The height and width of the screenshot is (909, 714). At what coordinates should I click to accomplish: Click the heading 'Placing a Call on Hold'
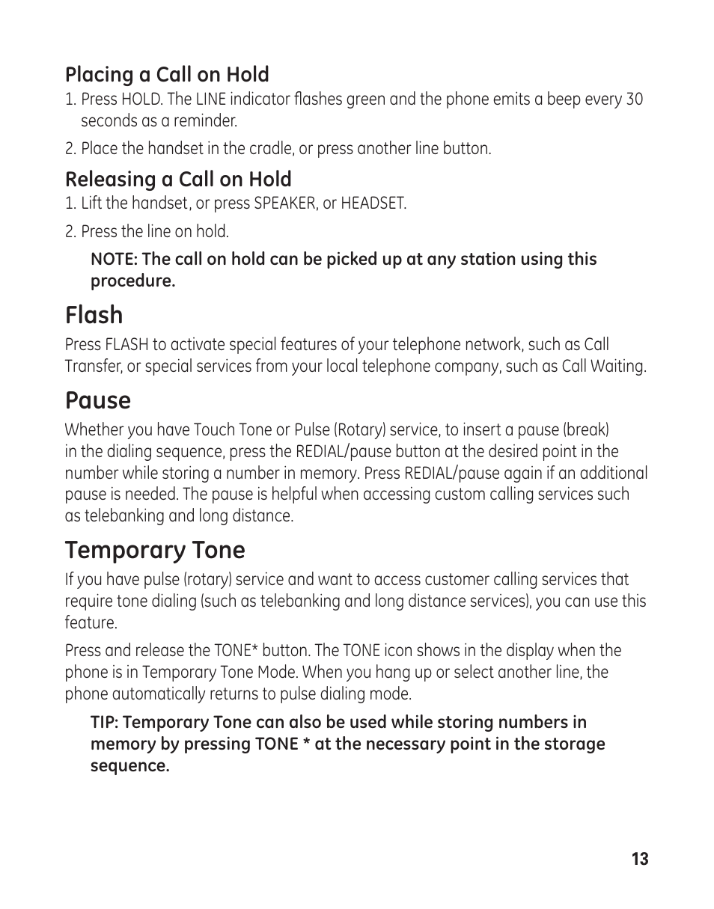[167, 75]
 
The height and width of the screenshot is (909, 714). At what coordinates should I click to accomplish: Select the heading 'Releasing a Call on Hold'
[178, 180]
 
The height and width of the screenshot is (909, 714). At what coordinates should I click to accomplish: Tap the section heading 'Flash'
[94, 315]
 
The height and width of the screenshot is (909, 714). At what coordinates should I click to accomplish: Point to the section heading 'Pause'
[97, 400]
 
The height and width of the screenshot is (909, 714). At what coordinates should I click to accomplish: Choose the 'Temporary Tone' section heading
[155, 550]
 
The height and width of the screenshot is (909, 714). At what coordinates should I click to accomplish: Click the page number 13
[639, 859]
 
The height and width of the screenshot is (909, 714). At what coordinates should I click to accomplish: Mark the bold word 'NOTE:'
[114, 260]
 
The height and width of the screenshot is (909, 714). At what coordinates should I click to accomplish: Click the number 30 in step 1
[633, 100]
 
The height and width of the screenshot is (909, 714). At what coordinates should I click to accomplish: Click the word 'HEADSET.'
[373, 203]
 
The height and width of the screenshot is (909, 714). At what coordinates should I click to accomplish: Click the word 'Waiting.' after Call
[618, 367]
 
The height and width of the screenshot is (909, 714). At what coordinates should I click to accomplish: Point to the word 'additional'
[612, 474]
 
